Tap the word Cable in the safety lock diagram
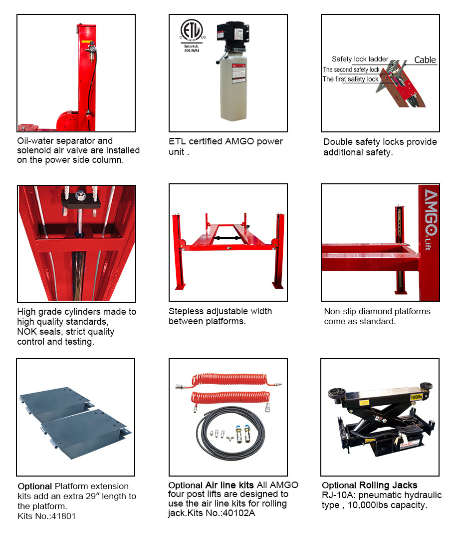click(425, 60)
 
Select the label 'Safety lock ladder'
click(360, 59)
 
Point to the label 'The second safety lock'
click(351, 69)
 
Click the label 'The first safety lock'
click(350, 79)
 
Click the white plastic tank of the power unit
click(232, 90)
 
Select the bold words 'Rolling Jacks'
click(388, 485)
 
